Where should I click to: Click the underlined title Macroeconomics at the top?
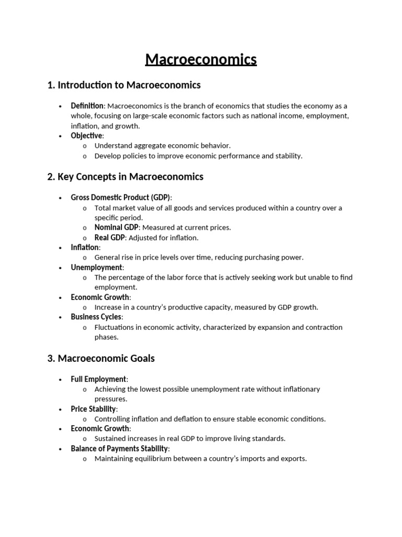pyautogui.click(x=201, y=60)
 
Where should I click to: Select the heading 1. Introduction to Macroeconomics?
pyautogui.click(x=124, y=85)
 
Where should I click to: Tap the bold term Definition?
pyautogui.click(x=87, y=106)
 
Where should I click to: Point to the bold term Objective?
pyautogui.click(x=86, y=136)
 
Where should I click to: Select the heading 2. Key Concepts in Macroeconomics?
pyautogui.click(x=125, y=177)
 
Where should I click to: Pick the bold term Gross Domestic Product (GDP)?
pyautogui.click(x=120, y=198)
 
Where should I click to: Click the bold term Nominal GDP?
pyautogui.click(x=116, y=228)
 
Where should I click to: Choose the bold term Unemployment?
pyautogui.click(x=96, y=267)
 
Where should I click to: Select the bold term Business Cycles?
pyautogui.click(x=96, y=317)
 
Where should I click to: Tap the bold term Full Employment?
pyautogui.click(x=98, y=379)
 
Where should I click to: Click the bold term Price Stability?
pyautogui.click(x=94, y=409)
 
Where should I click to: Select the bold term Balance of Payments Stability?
pyautogui.click(x=119, y=449)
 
